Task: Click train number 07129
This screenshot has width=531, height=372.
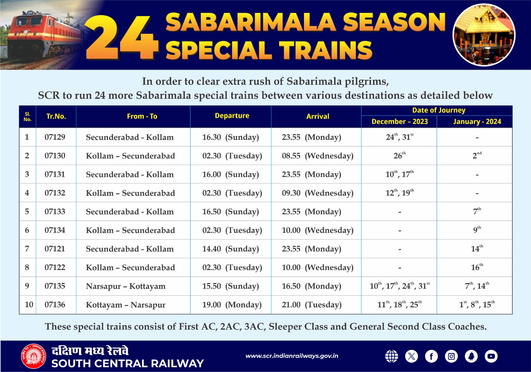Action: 55,137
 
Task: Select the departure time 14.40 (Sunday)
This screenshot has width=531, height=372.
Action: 230,249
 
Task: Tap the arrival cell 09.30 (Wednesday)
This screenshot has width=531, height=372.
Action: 317,193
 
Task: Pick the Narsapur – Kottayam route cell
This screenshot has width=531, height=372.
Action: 125,286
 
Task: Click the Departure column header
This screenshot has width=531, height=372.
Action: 232,116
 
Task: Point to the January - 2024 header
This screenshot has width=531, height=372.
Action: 477,121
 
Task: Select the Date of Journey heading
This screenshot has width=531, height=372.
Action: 438,110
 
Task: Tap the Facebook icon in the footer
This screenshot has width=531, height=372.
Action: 431,356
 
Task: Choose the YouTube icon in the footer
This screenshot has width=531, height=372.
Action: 491,356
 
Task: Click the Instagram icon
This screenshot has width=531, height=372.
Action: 451,356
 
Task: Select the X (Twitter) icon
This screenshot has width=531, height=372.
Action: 412,356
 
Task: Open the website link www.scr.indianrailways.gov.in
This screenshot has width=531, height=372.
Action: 292,356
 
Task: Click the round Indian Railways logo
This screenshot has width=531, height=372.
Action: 34,356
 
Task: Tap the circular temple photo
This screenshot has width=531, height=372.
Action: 484,35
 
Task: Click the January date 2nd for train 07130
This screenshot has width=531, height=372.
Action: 477,155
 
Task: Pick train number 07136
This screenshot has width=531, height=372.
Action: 55,305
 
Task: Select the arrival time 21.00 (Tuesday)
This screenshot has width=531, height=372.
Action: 311,305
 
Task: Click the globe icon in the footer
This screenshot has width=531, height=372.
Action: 392,356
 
